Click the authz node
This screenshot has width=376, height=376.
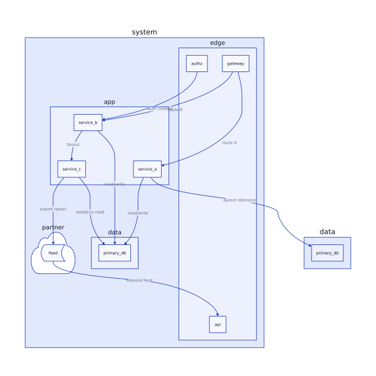click(x=197, y=63)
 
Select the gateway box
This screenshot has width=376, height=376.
click(x=236, y=63)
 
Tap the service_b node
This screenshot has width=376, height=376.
click(x=88, y=122)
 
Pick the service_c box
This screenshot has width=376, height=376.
click(x=71, y=169)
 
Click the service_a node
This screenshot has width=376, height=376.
click(x=147, y=169)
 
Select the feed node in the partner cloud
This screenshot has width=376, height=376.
click(x=53, y=253)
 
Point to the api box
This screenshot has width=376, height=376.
click(x=217, y=324)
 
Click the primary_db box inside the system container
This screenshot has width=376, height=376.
click(x=115, y=253)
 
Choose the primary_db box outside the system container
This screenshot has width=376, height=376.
click(x=327, y=253)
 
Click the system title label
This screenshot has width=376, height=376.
click(x=144, y=32)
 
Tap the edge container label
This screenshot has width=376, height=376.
click(x=217, y=43)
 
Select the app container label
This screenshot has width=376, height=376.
click(x=109, y=102)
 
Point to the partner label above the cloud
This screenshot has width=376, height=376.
click(x=53, y=227)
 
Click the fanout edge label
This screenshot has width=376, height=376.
click(x=73, y=145)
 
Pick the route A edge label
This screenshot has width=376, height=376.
click(x=229, y=143)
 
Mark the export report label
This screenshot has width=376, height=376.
click(x=53, y=209)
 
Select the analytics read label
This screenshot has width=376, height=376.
click(x=90, y=212)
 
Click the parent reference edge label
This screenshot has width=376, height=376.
click(x=240, y=200)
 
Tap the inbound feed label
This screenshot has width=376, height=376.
click(x=139, y=280)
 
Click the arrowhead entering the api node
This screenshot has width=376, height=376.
click(x=217, y=314)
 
